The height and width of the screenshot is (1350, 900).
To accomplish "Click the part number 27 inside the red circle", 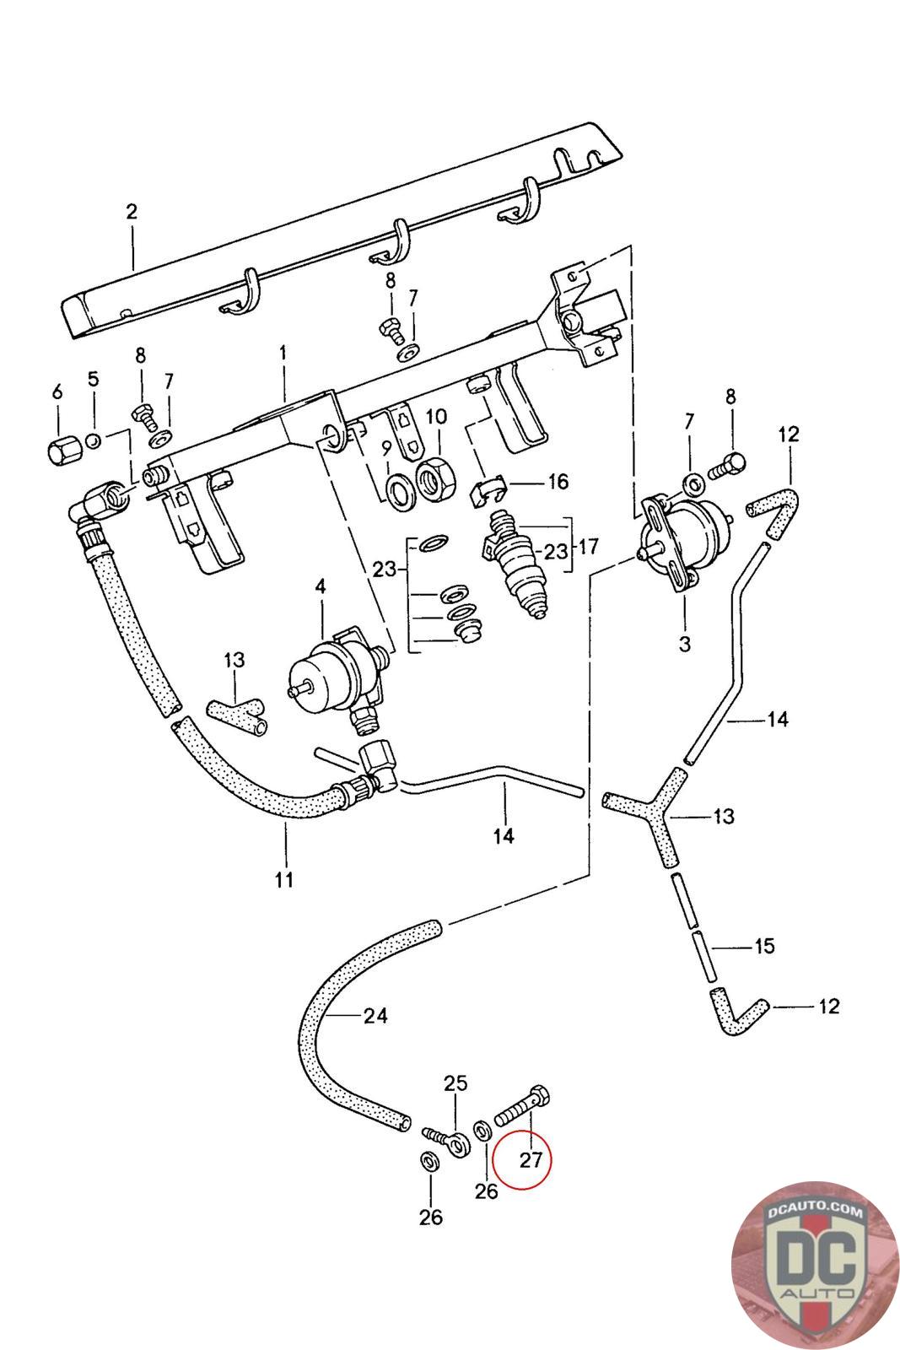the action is pyautogui.click(x=531, y=1159).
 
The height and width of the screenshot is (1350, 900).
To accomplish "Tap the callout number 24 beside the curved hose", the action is pyautogui.click(x=375, y=1016).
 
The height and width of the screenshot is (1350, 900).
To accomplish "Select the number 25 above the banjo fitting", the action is pyautogui.click(x=455, y=1083).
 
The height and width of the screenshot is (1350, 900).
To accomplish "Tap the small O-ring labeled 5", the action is pyautogui.click(x=93, y=441).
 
